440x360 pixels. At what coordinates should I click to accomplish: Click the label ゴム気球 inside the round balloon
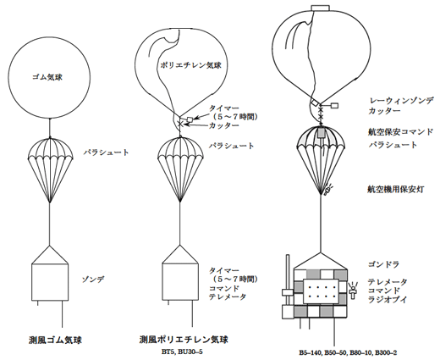tap(47, 77)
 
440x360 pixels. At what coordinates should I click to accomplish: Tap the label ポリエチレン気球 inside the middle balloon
tap(190, 65)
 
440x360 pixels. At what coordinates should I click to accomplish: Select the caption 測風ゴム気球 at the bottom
tap(55, 340)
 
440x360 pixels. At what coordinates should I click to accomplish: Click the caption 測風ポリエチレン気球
tap(184, 340)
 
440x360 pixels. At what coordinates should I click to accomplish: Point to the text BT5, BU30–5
tap(182, 352)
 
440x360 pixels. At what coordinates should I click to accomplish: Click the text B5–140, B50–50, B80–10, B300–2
tap(348, 352)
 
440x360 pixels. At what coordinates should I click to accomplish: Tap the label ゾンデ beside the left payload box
tap(93, 280)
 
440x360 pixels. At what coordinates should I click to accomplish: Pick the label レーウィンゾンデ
tap(400, 101)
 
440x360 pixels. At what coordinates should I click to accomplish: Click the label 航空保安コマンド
tap(400, 132)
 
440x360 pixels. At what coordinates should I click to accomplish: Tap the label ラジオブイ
tap(388, 300)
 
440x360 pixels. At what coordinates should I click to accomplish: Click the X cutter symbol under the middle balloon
tap(180, 123)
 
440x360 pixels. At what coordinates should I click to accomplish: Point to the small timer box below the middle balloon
tap(190, 119)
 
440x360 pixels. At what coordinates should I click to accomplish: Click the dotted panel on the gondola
tap(322, 291)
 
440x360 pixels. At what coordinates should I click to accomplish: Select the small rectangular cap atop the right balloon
tap(320, 8)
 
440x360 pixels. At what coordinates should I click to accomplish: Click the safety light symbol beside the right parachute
tap(328, 189)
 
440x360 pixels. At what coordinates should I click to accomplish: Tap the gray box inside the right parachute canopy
tap(321, 133)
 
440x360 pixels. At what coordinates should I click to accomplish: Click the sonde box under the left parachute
tap(50, 282)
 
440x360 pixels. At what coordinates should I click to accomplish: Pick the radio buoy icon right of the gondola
tap(352, 291)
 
